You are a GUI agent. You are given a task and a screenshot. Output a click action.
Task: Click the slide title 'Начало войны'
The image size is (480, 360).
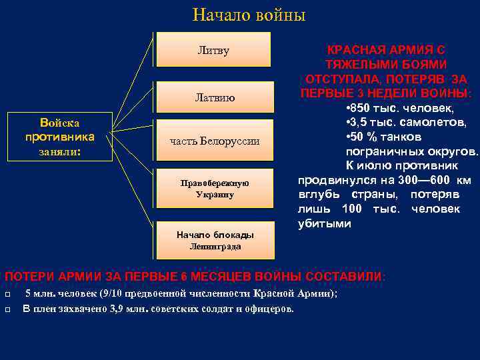tap(239, 15)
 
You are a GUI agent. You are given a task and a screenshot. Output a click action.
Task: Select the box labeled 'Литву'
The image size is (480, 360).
tap(213, 51)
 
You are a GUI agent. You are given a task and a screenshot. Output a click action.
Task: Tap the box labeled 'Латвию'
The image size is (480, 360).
tap(215, 97)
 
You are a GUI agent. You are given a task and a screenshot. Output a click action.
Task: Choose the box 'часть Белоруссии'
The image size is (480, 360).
tap(215, 141)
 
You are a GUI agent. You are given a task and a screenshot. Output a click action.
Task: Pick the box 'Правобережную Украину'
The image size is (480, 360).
tap(215, 189)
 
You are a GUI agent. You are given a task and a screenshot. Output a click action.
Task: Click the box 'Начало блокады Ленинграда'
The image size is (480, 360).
tap(215, 241)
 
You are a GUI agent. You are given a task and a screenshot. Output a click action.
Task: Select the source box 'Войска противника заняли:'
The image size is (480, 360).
tap(59, 137)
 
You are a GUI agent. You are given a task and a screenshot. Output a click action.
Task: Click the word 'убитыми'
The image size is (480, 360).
tap(324, 224)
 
